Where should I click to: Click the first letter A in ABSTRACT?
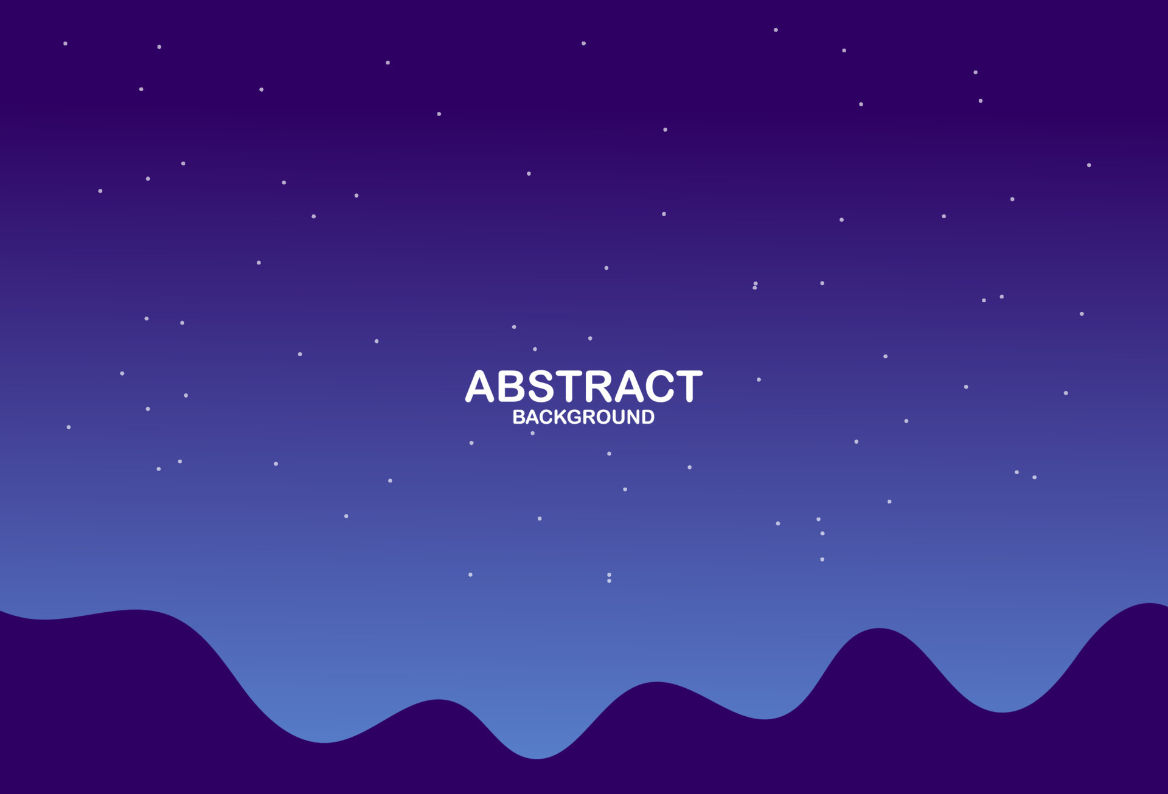coord(479,387)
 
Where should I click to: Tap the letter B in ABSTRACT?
coord(512,387)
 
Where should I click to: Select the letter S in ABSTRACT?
coord(541,387)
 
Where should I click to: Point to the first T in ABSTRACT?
coord(569,387)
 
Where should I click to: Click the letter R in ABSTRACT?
coord(597,387)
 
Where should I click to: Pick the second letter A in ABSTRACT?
coord(628,387)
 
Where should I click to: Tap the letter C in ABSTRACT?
coord(660,387)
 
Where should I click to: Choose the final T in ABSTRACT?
coord(689,387)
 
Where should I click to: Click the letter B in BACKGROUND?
coord(518,417)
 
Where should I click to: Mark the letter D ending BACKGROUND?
coord(648,417)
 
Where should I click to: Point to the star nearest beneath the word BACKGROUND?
coord(532,433)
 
